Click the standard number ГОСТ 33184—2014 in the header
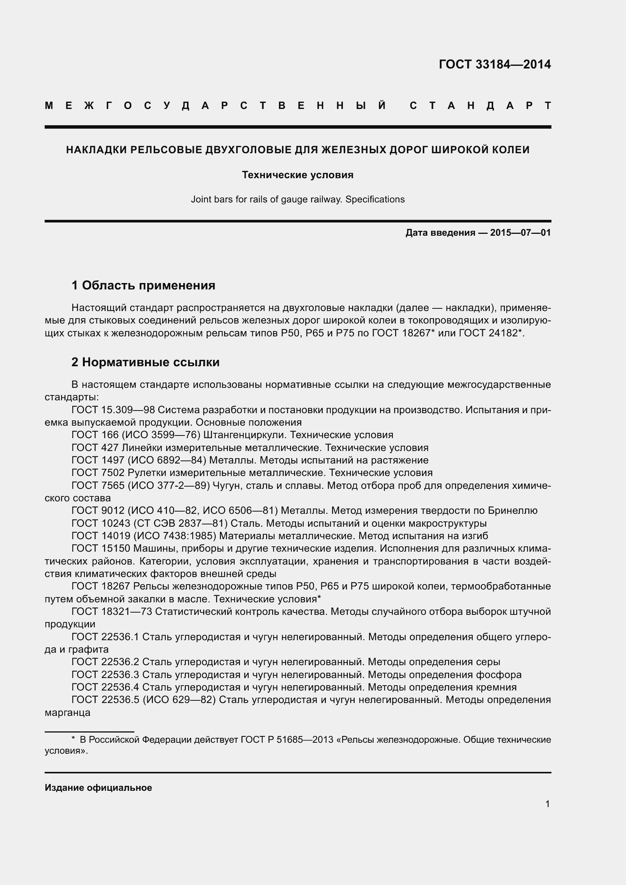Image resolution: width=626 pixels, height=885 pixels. point(495,64)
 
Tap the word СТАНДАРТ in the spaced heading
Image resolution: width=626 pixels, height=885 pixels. point(480,106)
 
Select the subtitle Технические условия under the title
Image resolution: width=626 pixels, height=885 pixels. point(297,175)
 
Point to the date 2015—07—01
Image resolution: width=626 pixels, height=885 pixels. point(520,232)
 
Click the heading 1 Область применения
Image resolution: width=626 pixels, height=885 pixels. point(143,285)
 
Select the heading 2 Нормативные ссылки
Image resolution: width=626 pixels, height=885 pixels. point(145,362)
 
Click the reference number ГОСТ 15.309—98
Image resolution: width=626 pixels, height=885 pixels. point(113,410)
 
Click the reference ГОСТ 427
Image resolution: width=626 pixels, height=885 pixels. point(95,448)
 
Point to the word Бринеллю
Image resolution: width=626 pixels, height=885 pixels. point(513,510)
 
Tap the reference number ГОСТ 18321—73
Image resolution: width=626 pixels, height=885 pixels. point(112,611)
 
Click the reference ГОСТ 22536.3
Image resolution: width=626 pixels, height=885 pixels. point(105,675)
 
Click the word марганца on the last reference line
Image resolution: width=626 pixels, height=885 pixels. point(67,712)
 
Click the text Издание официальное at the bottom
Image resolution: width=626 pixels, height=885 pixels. point(98,787)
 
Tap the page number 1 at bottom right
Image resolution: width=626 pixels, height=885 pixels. point(547,804)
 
